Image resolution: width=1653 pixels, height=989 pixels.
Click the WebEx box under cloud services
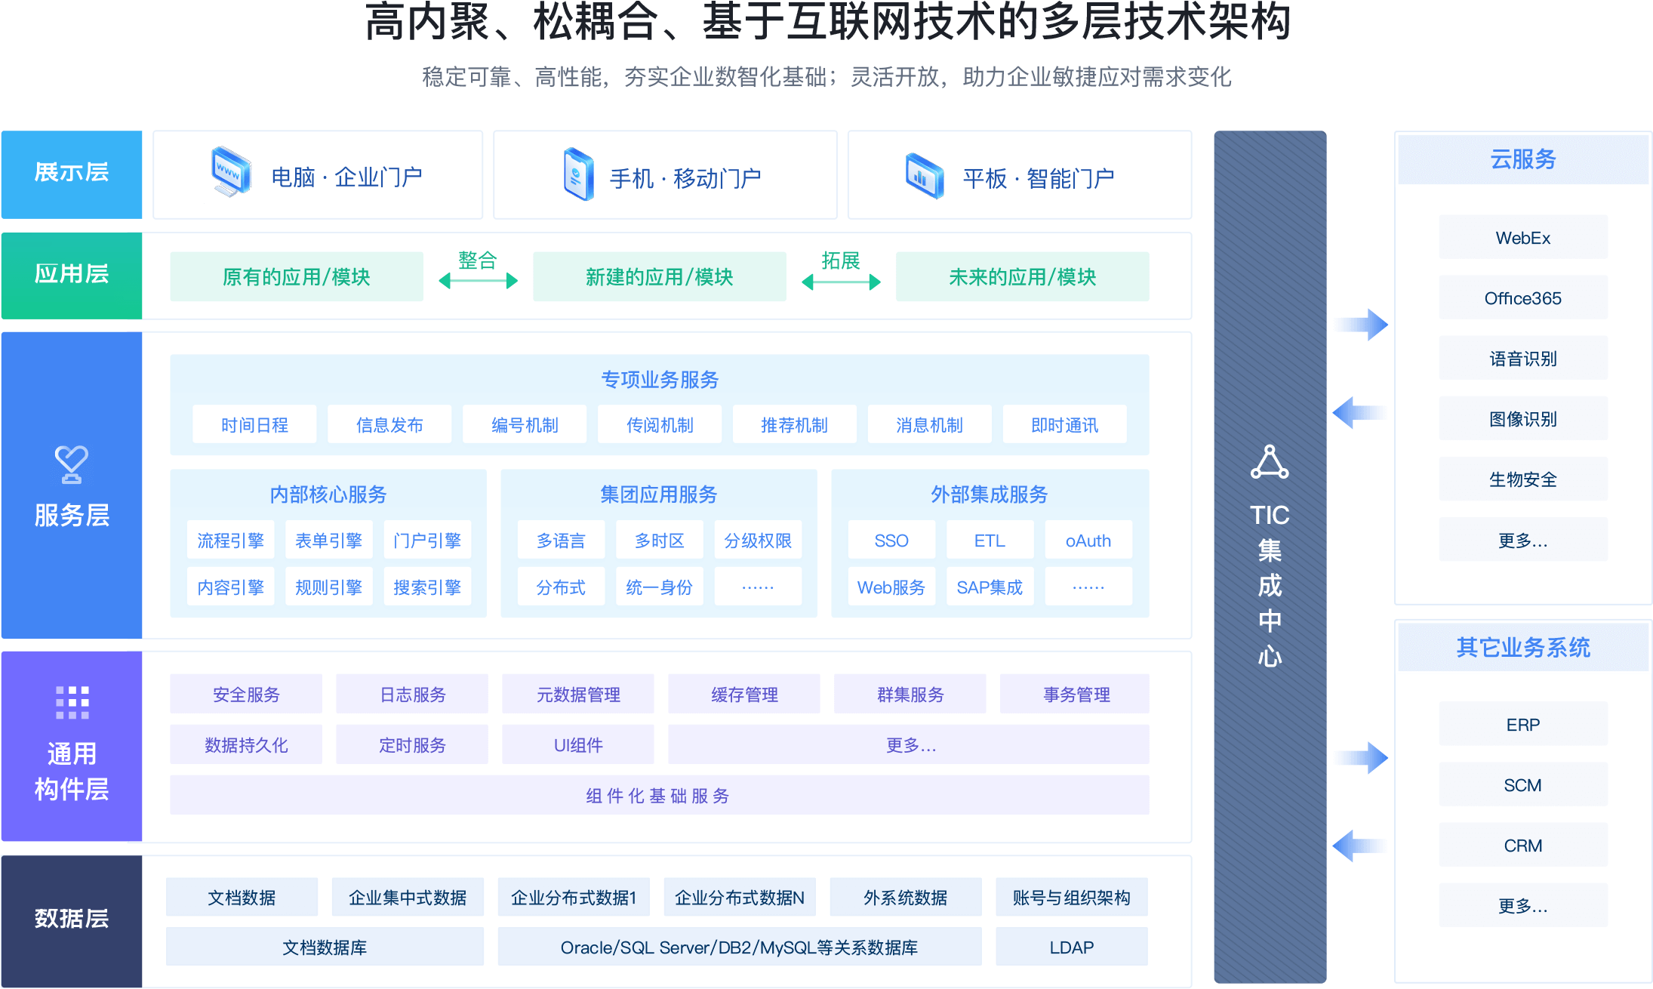point(1522,238)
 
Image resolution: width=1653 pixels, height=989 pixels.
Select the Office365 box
point(1522,298)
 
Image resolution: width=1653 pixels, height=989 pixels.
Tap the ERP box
point(1522,725)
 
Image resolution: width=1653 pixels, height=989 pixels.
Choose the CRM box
point(1522,846)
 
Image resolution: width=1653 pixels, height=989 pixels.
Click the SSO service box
point(891,541)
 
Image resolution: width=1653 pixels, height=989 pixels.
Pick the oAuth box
point(1088,541)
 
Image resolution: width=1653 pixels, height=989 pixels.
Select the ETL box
point(990,541)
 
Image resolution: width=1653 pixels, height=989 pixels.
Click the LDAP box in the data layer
point(1072,947)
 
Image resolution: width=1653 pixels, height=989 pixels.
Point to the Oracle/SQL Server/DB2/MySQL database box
point(740,947)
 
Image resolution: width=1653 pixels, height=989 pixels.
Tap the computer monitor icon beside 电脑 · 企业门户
point(231,171)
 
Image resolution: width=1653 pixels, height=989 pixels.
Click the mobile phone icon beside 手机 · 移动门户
point(579,174)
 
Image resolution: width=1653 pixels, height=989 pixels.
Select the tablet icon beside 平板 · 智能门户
point(925,175)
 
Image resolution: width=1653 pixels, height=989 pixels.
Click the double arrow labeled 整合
point(479,281)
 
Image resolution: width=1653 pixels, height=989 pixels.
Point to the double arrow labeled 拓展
point(841,282)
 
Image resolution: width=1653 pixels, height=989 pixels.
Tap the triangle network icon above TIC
point(1270,462)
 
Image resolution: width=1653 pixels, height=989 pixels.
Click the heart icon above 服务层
point(72,464)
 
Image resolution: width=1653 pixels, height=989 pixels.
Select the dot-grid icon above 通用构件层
point(72,702)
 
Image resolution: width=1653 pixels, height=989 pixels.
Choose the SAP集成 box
point(990,587)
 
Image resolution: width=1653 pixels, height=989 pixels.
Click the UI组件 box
point(578,745)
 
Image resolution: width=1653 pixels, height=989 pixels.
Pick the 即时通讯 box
point(1065,425)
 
